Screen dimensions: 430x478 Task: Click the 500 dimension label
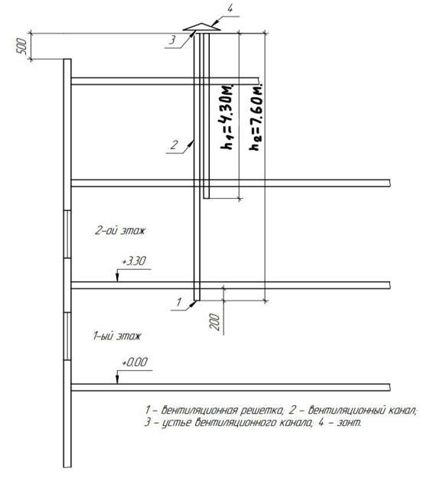point(22,47)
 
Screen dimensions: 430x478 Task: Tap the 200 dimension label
point(215,322)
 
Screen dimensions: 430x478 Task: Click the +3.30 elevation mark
point(134,262)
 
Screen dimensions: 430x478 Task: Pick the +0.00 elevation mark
point(135,363)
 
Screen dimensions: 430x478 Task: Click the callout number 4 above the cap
point(230,9)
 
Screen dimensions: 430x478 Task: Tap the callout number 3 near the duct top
point(172,40)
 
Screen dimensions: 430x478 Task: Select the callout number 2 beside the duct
point(174,145)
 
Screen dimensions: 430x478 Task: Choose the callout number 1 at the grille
point(179,302)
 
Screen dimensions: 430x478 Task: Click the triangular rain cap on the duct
point(201,27)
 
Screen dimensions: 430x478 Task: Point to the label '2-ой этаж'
point(120,230)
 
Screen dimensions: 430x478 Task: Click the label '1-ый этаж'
point(117,337)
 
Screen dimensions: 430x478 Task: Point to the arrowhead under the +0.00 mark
point(117,379)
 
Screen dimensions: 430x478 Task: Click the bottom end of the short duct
point(207,198)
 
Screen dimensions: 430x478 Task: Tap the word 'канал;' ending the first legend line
point(403,411)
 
